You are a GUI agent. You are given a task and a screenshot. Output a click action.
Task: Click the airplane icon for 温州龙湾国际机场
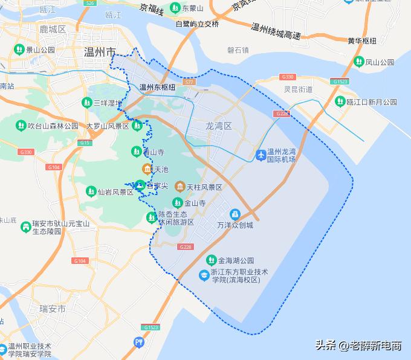[x=261, y=155]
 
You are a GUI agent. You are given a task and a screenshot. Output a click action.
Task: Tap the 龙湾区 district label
[x=218, y=126]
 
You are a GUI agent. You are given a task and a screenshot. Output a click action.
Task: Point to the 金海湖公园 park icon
[x=211, y=260]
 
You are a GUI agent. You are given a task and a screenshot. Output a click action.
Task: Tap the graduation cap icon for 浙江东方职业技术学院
[x=204, y=275]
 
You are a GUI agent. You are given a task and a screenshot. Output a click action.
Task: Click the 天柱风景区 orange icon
[x=180, y=187]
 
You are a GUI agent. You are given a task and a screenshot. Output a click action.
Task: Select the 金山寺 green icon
[x=177, y=203]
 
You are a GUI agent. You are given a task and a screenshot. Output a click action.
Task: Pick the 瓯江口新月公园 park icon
[x=340, y=102]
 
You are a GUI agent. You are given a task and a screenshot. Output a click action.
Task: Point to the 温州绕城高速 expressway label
[x=276, y=31]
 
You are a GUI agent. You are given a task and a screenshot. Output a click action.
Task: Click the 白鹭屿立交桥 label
[x=196, y=24]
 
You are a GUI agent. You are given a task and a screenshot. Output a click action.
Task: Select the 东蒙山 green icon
[x=175, y=8]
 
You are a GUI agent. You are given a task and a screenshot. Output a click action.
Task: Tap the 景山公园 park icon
[x=19, y=49]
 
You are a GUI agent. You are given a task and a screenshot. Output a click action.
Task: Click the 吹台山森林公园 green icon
[x=20, y=126]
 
